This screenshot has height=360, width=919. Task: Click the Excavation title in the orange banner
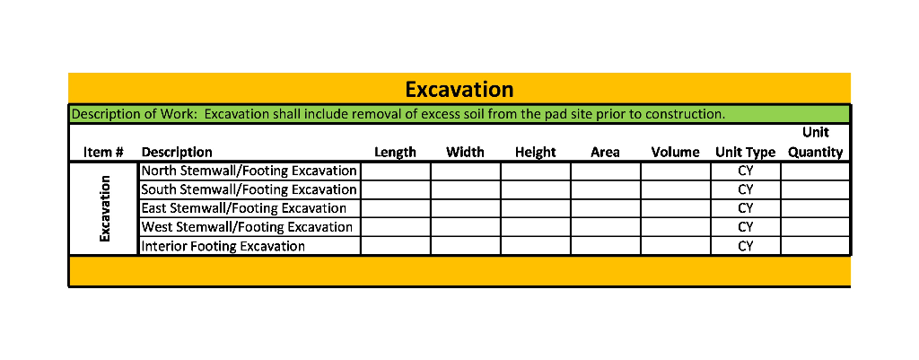[459, 90]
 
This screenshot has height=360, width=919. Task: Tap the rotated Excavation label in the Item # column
[104, 208]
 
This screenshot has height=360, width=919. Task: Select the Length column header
[395, 153]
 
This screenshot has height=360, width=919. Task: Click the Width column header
[465, 153]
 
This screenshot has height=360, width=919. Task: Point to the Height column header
[536, 153]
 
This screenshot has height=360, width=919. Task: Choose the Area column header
[605, 153]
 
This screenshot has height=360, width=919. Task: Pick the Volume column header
[675, 153]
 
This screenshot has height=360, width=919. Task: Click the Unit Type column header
[745, 153]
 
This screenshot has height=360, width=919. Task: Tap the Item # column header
[103, 153]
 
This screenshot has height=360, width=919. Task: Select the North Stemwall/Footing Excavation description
[249, 171]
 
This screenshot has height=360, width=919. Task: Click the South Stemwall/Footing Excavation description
[249, 190]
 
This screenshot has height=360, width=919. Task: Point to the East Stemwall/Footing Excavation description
[243, 208]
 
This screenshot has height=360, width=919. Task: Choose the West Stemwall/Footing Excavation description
[247, 227]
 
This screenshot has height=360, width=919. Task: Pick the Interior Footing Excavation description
[223, 246]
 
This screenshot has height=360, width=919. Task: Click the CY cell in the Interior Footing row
[745, 246]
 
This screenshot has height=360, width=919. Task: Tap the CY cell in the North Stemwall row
[745, 171]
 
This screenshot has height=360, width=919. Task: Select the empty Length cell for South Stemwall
[395, 190]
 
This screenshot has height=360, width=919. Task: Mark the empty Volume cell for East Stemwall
[675, 208]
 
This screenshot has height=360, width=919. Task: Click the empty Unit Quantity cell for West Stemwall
[815, 227]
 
